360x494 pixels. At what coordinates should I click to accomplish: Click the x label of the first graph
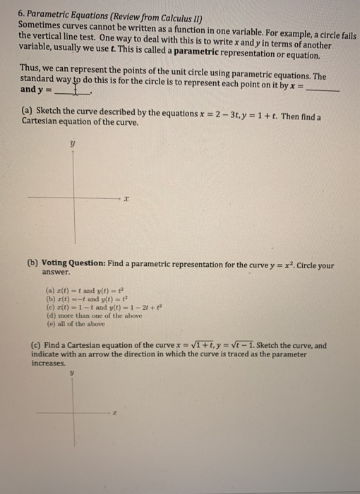(x=126, y=200)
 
